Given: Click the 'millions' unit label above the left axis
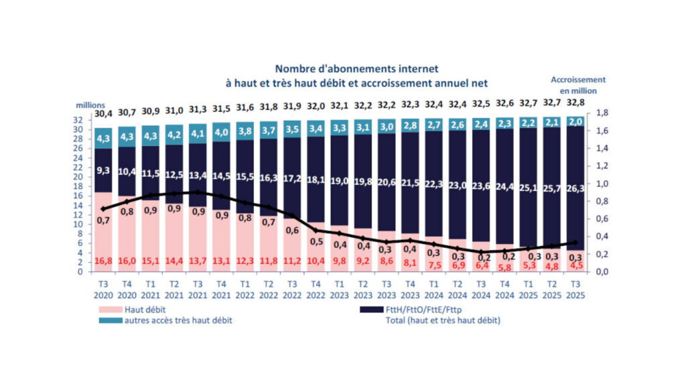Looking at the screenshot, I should (x=90, y=105).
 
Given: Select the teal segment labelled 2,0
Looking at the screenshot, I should (x=575, y=121).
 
